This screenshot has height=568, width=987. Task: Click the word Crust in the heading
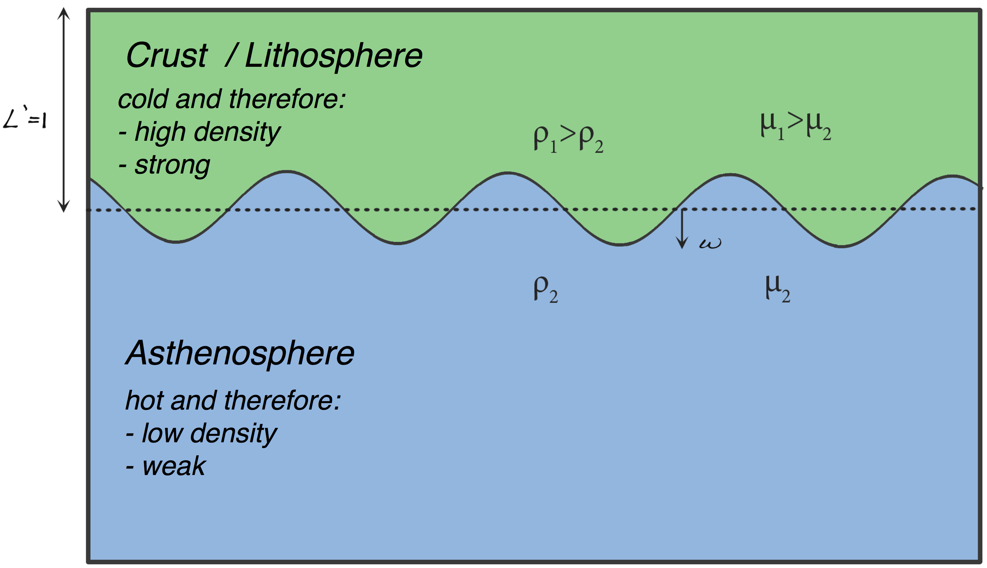coord(167,55)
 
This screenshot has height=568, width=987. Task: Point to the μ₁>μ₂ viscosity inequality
coord(796,126)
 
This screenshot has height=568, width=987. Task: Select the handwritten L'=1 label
coord(25,118)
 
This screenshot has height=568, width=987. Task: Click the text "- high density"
coord(199,132)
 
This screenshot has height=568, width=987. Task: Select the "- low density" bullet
coord(201,434)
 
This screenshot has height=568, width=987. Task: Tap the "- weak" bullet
coord(166,467)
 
